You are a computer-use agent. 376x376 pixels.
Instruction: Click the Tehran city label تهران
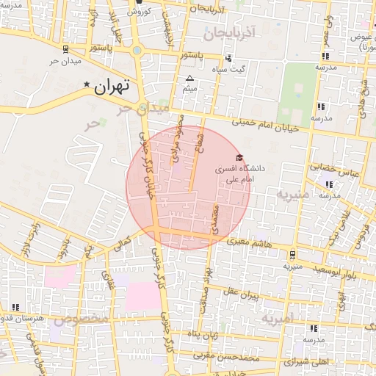[112, 86]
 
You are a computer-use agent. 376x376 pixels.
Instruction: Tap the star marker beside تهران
[87, 85]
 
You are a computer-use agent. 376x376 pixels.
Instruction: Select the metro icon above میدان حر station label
[67, 48]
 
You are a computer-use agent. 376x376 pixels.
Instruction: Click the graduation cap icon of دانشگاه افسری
[239, 157]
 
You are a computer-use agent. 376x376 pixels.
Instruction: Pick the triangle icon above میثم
[190, 78]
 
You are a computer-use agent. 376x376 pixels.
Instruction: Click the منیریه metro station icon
[294, 256]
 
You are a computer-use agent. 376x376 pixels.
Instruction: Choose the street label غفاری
[106, 279]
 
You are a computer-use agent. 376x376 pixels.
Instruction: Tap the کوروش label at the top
[139, 12]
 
